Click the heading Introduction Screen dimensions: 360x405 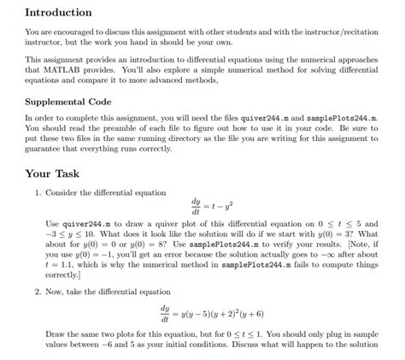pyautogui.click(x=58, y=13)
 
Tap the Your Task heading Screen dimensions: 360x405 pyautogui.click(x=59, y=172)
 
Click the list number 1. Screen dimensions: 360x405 pyautogui.click(x=37, y=192)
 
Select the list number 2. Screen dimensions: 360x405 pyautogui.click(x=37, y=291)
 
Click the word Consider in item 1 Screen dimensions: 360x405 pyautogui.click(x=62, y=192)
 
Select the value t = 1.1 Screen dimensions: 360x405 pyautogui.click(x=62, y=265)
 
